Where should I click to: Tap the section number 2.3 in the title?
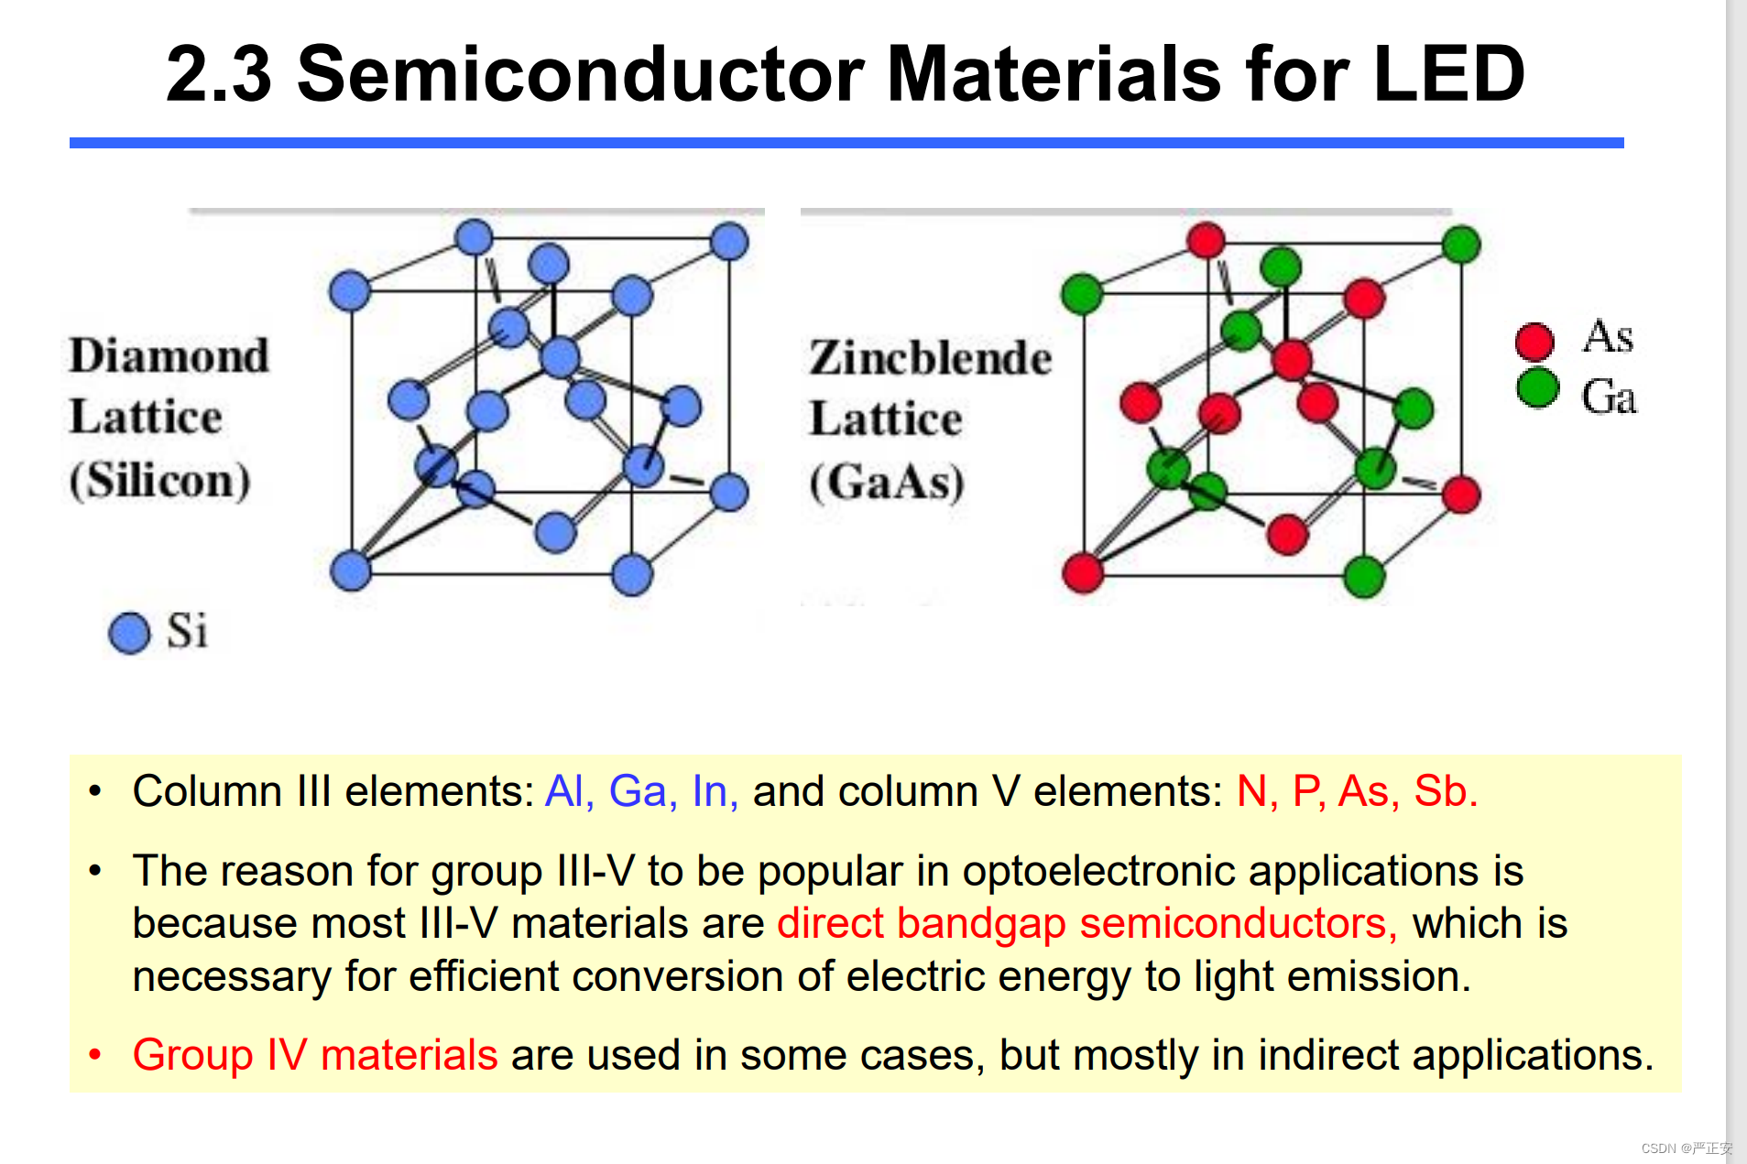click(x=219, y=73)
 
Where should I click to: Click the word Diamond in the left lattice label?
click(x=169, y=355)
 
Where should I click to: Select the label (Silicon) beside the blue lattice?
click(x=159, y=480)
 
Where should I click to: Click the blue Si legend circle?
click(x=129, y=633)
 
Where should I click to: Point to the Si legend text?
click(x=187, y=631)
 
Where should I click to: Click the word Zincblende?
click(x=931, y=357)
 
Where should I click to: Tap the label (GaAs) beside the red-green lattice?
click(x=887, y=482)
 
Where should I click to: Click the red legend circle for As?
click(x=1534, y=342)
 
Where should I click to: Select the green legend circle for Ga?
click(x=1537, y=387)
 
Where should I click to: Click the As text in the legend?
click(x=1608, y=336)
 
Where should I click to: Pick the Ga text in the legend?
click(x=1609, y=397)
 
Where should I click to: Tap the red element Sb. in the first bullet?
click(x=1446, y=791)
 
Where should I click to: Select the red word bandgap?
click(x=981, y=924)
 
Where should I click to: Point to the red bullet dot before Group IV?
click(x=94, y=1055)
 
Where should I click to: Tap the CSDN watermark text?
click(x=1687, y=1148)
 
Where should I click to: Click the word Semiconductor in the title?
click(x=581, y=73)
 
